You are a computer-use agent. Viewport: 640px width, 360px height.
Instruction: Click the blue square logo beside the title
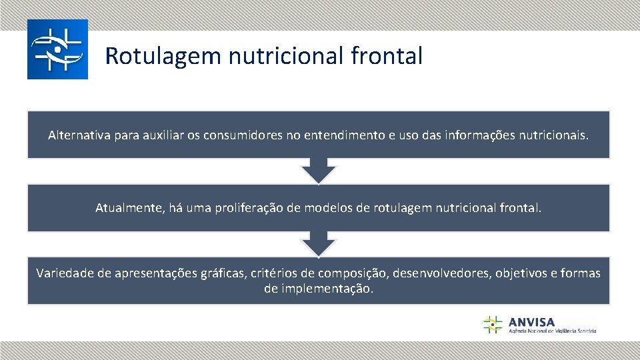point(57,49)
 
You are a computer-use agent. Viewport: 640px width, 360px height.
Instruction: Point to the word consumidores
point(243,135)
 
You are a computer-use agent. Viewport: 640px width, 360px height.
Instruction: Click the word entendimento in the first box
point(344,135)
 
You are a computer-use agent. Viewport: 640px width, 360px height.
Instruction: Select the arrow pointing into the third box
point(319,244)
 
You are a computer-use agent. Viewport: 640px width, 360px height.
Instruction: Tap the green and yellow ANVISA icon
point(493,324)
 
